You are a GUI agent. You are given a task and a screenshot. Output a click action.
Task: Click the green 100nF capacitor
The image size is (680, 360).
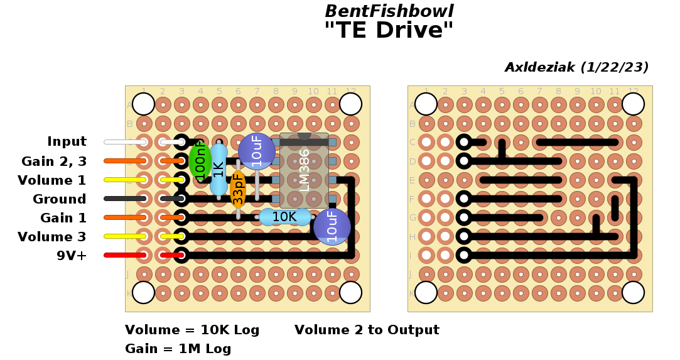200,161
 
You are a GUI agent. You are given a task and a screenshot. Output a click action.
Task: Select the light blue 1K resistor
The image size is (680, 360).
219,170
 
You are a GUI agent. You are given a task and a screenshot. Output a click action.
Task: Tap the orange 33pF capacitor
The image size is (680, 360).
238,189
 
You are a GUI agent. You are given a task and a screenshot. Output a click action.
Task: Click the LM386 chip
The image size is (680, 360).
305,170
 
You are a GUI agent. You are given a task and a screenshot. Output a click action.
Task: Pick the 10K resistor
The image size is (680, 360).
284,217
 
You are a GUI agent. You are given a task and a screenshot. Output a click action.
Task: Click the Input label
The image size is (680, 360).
67,142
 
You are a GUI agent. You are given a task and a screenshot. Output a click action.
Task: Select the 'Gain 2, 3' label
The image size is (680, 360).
54,161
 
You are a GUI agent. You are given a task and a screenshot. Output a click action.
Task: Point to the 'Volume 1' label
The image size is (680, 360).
52,180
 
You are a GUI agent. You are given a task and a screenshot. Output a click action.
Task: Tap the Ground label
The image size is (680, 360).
60,199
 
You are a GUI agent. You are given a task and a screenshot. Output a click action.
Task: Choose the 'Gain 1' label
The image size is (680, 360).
63,218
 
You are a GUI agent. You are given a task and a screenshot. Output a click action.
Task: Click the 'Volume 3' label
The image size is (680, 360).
52,237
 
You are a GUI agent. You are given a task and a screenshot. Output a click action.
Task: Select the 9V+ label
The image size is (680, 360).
72,256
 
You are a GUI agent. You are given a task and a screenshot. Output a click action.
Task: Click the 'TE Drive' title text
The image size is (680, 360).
389,30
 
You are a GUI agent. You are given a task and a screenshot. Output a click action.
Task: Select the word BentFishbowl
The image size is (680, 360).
389,11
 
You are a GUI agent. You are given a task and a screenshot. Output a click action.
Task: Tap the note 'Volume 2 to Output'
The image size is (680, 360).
367,330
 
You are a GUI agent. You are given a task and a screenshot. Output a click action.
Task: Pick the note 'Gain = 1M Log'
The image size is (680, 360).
178,349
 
